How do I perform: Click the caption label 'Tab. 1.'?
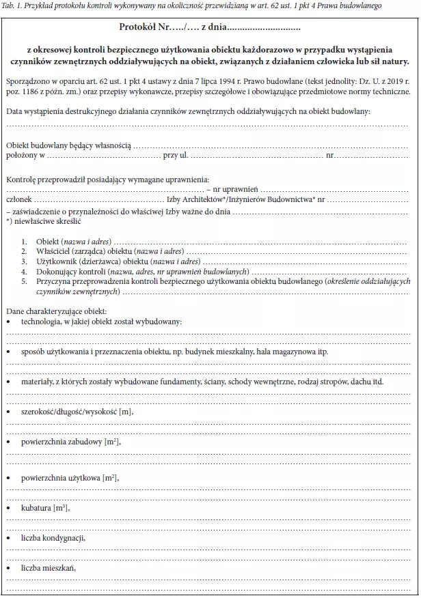pyautogui.click(x=16, y=5)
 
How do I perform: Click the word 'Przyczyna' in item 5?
pyautogui.click(x=54, y=281)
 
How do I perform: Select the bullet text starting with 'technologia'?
pyautogui.click(x=101, y=321)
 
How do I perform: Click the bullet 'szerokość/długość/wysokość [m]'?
pyautogui.click(x=77, y=412)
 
